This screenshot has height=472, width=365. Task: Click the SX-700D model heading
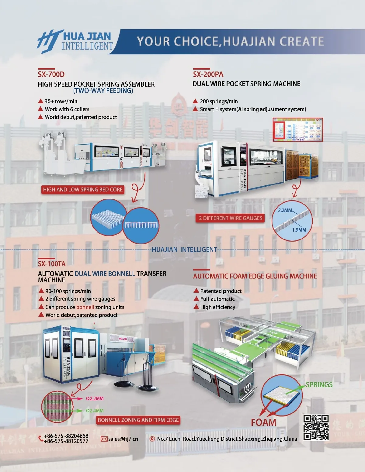coord(51,74)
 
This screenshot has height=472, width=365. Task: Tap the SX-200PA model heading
coord(208,74)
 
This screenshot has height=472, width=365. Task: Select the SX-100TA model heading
coord(52,264)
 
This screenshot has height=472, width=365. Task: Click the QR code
coord(316,428)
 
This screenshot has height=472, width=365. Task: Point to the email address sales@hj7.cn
coord(123,439)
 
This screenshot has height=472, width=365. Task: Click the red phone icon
coord(41,438)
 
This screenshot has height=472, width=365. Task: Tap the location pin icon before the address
coord(152,439)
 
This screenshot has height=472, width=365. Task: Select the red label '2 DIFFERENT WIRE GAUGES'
coord(230,218)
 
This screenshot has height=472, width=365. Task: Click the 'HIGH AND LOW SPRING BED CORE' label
coord(83,190)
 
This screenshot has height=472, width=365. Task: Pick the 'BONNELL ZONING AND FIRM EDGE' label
coord(138,420)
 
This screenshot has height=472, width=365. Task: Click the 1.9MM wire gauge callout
coord(299,230)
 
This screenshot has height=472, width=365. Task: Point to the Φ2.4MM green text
coord(95,411)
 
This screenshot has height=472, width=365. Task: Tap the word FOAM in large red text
coord(263,422)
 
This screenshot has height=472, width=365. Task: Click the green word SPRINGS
coord(319,385)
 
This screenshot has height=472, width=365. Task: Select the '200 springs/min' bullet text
coord(219,102)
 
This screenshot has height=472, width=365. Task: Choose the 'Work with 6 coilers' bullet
coord(67,109)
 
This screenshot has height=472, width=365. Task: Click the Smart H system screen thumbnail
coord(298,130)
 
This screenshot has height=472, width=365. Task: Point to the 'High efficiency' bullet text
coord(217,307)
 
